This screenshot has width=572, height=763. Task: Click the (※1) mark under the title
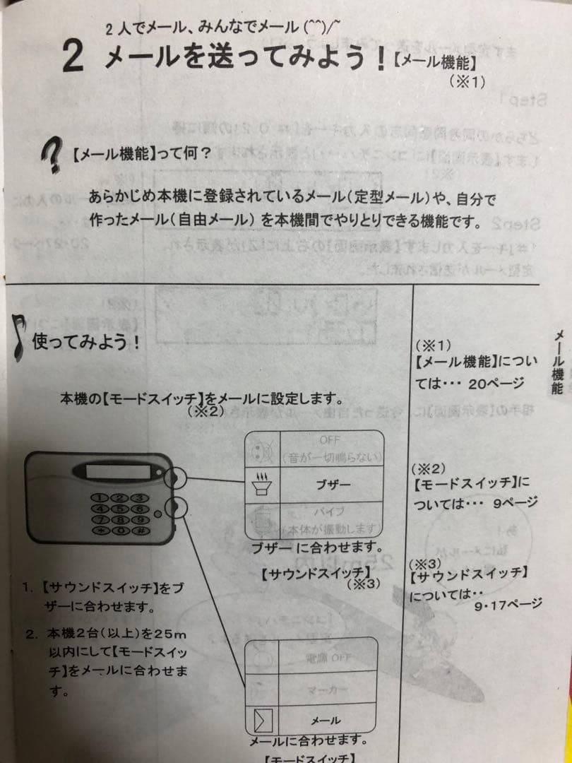pos(467,82)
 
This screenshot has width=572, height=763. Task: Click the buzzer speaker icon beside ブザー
pos(261,485)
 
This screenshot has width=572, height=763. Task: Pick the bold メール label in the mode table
pos(326,720)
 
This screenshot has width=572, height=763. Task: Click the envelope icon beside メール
pos(262,720)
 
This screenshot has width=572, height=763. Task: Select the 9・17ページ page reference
pos(508,603)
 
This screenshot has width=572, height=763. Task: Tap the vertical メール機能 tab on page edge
pos(558,361)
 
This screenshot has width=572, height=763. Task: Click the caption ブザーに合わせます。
pos(317,548)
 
